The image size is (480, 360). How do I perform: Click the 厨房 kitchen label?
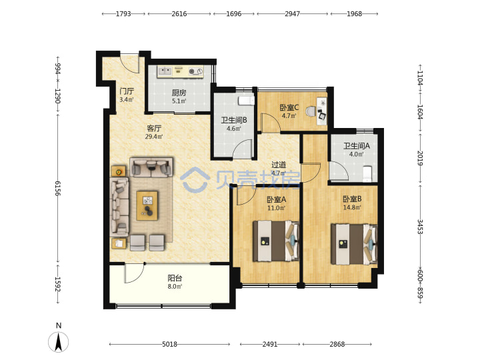click(x=179, y=93)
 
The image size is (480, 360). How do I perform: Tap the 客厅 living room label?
click(x=154, y=128)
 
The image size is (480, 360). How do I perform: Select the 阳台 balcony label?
click(x=175, y=278)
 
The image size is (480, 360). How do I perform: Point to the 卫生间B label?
click(x=234, y=120)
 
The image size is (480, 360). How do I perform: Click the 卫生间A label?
click(x=356, y=146)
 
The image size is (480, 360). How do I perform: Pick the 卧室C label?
click(x=289, y=107)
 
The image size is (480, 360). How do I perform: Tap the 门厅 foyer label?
click(x=127, y=91)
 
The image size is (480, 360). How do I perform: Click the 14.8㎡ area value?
click(x=352, y=207)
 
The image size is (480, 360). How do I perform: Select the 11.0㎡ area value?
click(x=277, y=208)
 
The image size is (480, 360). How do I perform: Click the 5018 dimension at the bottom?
click(x=169, y=345)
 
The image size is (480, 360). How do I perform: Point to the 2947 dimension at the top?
click(x=293, y=14)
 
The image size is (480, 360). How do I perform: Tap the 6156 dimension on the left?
click(x=58, y=188)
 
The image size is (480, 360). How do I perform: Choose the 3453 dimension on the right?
click(x=421, y=227)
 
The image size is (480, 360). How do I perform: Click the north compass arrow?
click(x=58, y=341)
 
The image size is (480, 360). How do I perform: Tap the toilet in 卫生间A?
click(x=367, y=173)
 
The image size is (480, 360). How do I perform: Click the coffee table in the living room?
click(x=147, y=206)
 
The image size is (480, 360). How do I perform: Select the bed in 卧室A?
click(x=276, y=241)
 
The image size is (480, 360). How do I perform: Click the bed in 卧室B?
click(x=354, y=244)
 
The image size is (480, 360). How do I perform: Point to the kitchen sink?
click(x=165, y=71)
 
